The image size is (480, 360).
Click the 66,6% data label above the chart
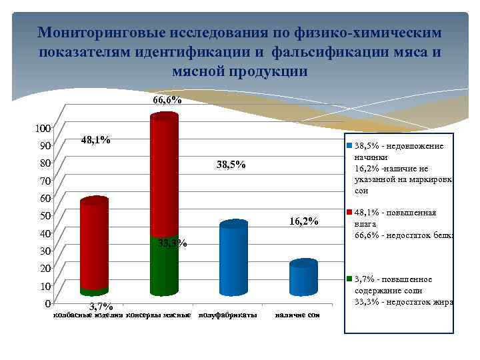167,100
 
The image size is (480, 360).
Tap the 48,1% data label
95,140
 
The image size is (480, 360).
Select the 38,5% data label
231,165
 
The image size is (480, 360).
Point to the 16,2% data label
303,221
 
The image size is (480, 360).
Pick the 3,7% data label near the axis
101,306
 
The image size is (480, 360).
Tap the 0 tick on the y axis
47,303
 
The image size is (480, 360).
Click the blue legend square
348,145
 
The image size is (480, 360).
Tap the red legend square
348,213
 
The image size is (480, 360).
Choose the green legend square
348,279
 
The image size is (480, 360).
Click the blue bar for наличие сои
303,279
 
